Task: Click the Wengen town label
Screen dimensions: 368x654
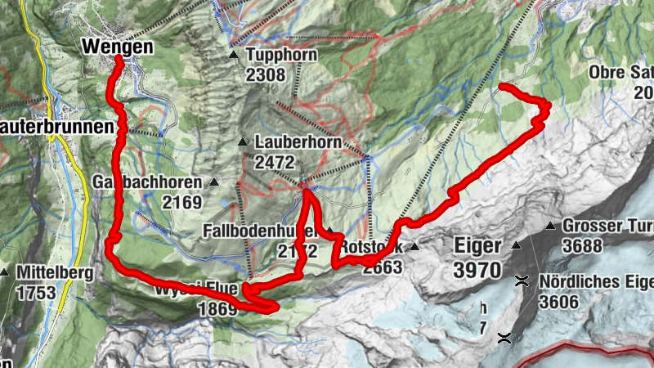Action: coord(117,47)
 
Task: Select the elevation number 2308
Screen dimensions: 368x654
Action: coord(265,76)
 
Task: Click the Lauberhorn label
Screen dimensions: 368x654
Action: coord(291,141)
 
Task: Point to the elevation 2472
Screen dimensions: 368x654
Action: coord(275,162)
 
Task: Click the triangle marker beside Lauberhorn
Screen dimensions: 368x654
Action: coord(242,142)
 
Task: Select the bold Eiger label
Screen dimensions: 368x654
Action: coord(476,245)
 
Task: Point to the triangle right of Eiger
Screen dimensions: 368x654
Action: coord(516,245)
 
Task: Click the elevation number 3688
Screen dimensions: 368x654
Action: coord(583,245)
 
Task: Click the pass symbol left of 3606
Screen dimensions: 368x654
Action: coord(521,281)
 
